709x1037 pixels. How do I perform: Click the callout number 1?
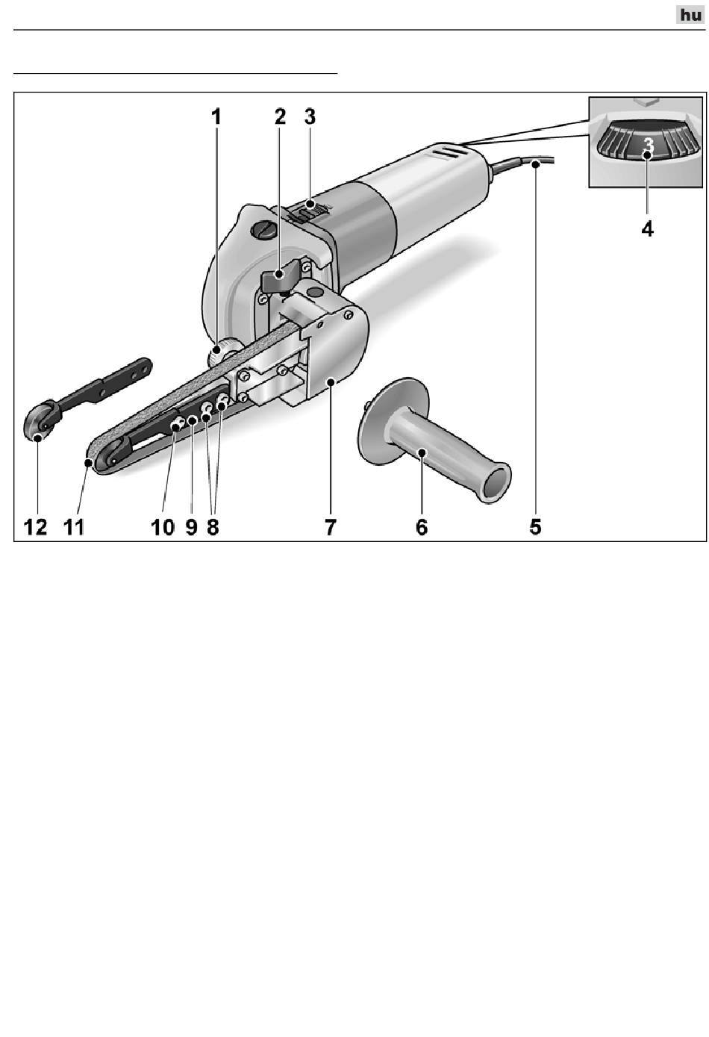coord(216,116)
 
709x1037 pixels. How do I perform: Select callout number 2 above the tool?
coord(280,116)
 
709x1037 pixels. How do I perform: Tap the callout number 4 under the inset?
coord(648,228)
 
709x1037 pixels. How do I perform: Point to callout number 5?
coord(535,526)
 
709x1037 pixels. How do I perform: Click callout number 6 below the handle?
coord(422,526)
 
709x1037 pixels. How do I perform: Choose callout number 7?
coord(330,526)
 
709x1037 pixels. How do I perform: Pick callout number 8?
coord(213,526)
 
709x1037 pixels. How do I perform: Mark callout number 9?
coord(191,526)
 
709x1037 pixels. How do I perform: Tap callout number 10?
coord(163,526)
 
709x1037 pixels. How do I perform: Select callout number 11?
coord(73,526)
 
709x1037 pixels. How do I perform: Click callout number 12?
coord(35,526)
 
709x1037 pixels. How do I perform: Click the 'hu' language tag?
coord(690,15)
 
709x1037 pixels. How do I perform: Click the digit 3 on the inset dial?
coord(649,143)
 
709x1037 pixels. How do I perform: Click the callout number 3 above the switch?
coord(310,116)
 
